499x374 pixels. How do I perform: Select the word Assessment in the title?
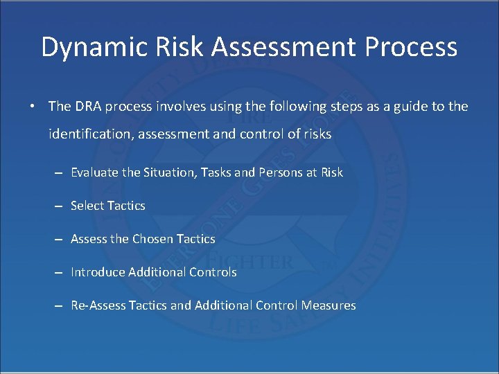pyautogui.click(x=286, y=47)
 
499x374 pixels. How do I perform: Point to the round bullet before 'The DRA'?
pyautogui.click(x=33, y=107)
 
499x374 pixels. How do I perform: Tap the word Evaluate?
pyautogui.click(x=95, y=172)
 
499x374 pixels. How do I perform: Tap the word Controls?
pyautogui.click(x=213, y=272)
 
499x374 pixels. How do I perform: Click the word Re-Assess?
pyautogui.click(x=98, y=305)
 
